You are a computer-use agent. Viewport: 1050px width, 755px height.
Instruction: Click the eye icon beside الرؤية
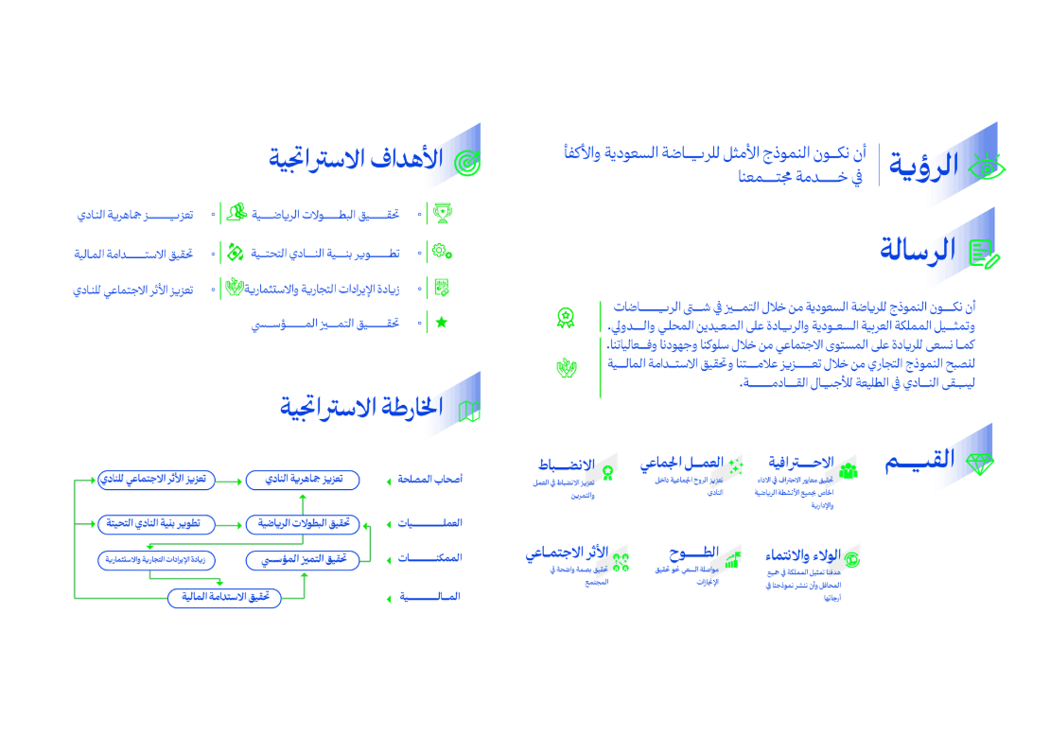pyautogui.click(x=988, y=168)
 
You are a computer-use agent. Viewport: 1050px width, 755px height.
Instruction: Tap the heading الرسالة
pyautogui.click(x=918, y=251)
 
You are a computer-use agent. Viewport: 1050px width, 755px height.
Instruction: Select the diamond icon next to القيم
pyautogui.click(x=981, y=464)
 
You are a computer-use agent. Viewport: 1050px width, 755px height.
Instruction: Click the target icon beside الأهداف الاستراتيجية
pyautogui.click(x=467, y=163)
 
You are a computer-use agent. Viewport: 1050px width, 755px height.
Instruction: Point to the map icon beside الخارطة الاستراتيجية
pyautogui.click(x=469, y=411)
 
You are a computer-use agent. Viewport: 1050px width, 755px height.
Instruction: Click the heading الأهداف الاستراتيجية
pyautogui.click(x=356, y=159)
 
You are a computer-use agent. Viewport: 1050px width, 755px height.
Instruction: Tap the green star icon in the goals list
pyautogui.click(x=441, y=322)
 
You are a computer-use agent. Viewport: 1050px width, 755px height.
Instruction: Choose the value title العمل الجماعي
pyautogui.click(x=680, y=464)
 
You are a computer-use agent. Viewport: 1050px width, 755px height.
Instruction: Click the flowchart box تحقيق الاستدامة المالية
pyautogui.click(x=225, y=598)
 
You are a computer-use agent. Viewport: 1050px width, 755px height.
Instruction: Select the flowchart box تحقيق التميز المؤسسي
pyautogui.click(x=303, y=561)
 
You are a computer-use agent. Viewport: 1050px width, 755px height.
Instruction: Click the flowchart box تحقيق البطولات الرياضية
pyautogui.click(x=303, y=523)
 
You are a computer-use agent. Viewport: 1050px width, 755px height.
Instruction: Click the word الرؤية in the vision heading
pyautogui.click(x=922, y=167)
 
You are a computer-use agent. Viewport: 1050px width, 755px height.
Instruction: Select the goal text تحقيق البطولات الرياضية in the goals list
pyautogui.click(x=325, y=215)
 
